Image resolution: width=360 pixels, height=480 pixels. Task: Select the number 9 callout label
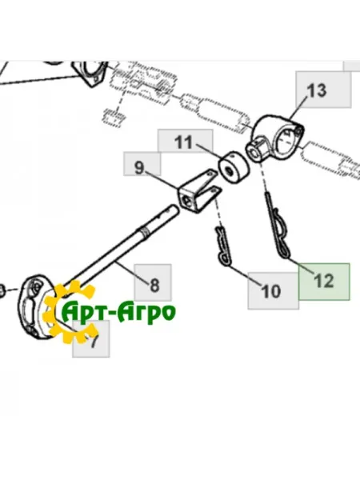[140, 167]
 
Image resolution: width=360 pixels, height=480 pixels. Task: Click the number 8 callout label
[154, 282]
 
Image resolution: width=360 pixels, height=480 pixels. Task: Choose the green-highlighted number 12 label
[324, 281]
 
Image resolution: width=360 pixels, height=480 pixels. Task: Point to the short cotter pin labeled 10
[222, 245]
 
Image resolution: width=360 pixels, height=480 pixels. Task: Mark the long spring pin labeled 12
[279, 227]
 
